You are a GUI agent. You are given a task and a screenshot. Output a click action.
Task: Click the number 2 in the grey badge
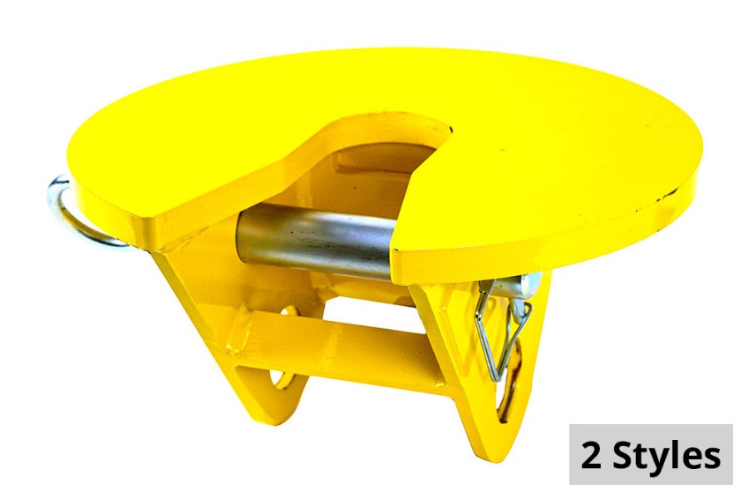coord(592,455)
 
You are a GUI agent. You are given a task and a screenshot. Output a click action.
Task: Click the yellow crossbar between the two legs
coord(349,345)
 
